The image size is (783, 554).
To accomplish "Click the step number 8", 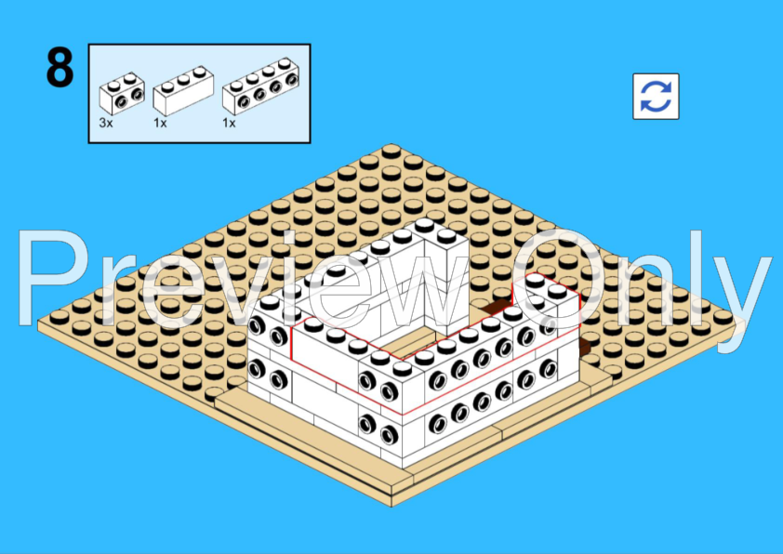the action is (60, 67).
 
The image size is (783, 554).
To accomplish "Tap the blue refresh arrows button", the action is (656, 97).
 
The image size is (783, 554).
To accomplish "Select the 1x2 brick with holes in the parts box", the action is (122, 94).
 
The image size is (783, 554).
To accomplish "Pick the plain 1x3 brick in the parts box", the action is (183, 91).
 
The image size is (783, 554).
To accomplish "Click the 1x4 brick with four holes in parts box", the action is (260, 86).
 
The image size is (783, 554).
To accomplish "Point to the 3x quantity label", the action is (106, 123).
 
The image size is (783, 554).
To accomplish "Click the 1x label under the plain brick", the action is (160, 123).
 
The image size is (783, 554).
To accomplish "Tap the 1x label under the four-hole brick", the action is (229, 123).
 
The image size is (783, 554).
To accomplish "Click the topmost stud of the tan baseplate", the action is (391, 151).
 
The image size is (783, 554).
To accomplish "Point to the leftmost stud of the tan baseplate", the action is (60, 316).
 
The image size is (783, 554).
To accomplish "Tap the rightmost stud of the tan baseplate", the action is (723, 316).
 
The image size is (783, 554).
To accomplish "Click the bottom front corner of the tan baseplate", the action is (391, 506).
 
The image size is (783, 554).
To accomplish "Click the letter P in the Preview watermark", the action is (52, 278).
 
